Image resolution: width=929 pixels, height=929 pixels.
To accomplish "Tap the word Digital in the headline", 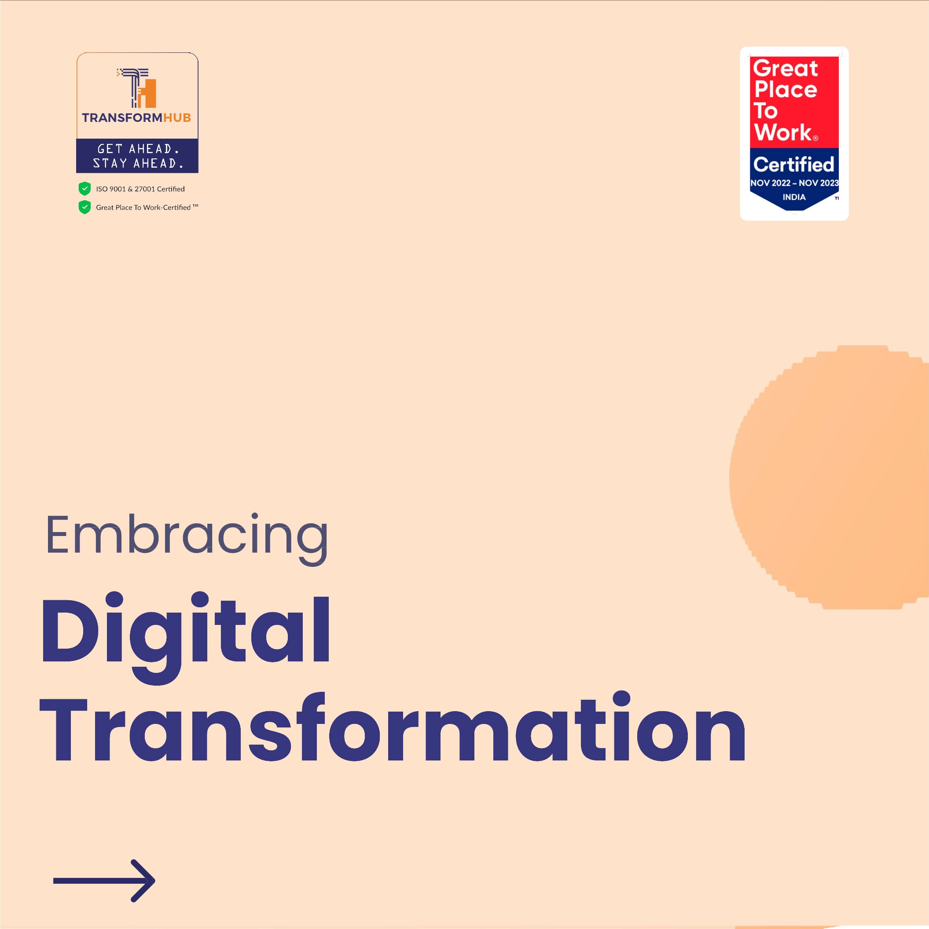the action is (185, 635).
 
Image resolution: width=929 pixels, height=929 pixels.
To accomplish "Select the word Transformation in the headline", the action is (393, 729).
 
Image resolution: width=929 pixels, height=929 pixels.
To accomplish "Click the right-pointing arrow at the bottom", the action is (104, 881).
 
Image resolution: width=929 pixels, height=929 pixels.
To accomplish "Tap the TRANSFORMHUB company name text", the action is (136, 118).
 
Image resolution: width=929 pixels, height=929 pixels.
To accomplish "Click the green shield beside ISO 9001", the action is (84, 188).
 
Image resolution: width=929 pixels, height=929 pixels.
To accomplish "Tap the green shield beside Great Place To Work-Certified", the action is (84, 207).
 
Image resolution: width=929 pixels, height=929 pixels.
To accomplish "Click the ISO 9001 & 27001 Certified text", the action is (140, 189).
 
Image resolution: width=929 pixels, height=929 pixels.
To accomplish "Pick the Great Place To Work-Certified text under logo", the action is (147, 207).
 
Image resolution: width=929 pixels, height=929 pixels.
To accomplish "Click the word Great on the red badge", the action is (785, 68).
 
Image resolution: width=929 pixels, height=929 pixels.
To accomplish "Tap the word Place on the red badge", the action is (786, 89).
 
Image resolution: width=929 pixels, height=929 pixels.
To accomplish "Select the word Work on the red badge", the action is (783, 132).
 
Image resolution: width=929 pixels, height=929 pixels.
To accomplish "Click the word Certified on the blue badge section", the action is (794, 165).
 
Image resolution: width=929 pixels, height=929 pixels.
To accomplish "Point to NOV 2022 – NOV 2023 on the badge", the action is (794, 183).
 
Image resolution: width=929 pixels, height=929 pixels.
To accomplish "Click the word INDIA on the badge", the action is (794, 197).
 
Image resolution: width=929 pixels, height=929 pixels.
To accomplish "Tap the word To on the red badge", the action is (765, 110).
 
